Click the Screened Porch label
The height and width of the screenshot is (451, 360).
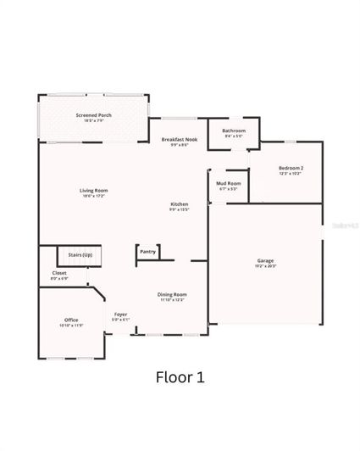[x=93, y=115]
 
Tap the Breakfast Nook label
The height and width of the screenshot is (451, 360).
[x=179, y=138]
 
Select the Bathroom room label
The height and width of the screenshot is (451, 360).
[x=234, y=131]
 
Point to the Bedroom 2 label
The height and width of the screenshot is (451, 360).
[x=291, y=168]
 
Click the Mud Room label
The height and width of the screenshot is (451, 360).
[x=228, y=183]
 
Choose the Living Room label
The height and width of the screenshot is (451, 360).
[x=93, y=190]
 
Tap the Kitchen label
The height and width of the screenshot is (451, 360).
[x=179, y=204]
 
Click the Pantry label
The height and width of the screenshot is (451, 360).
[x=148, y=252]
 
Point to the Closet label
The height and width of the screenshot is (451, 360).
[x=59, y=273]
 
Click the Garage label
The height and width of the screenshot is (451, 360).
[x=265, y=260]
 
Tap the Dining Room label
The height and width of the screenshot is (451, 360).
[x=172, y=294]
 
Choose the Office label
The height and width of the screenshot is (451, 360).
[x=71, y=320]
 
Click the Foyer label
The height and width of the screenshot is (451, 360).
[x=121, y=314]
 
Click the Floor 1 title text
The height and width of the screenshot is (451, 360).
[x=180, y=376]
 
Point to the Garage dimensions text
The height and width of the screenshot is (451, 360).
[x=265, y=266]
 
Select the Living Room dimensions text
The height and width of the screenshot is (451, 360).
[x=93, y=196]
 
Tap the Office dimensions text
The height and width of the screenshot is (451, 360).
[x=71, y=326]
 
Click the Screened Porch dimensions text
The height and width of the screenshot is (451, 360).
[x=93, y=121]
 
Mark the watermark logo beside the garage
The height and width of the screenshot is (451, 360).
[x=345, y=226]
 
